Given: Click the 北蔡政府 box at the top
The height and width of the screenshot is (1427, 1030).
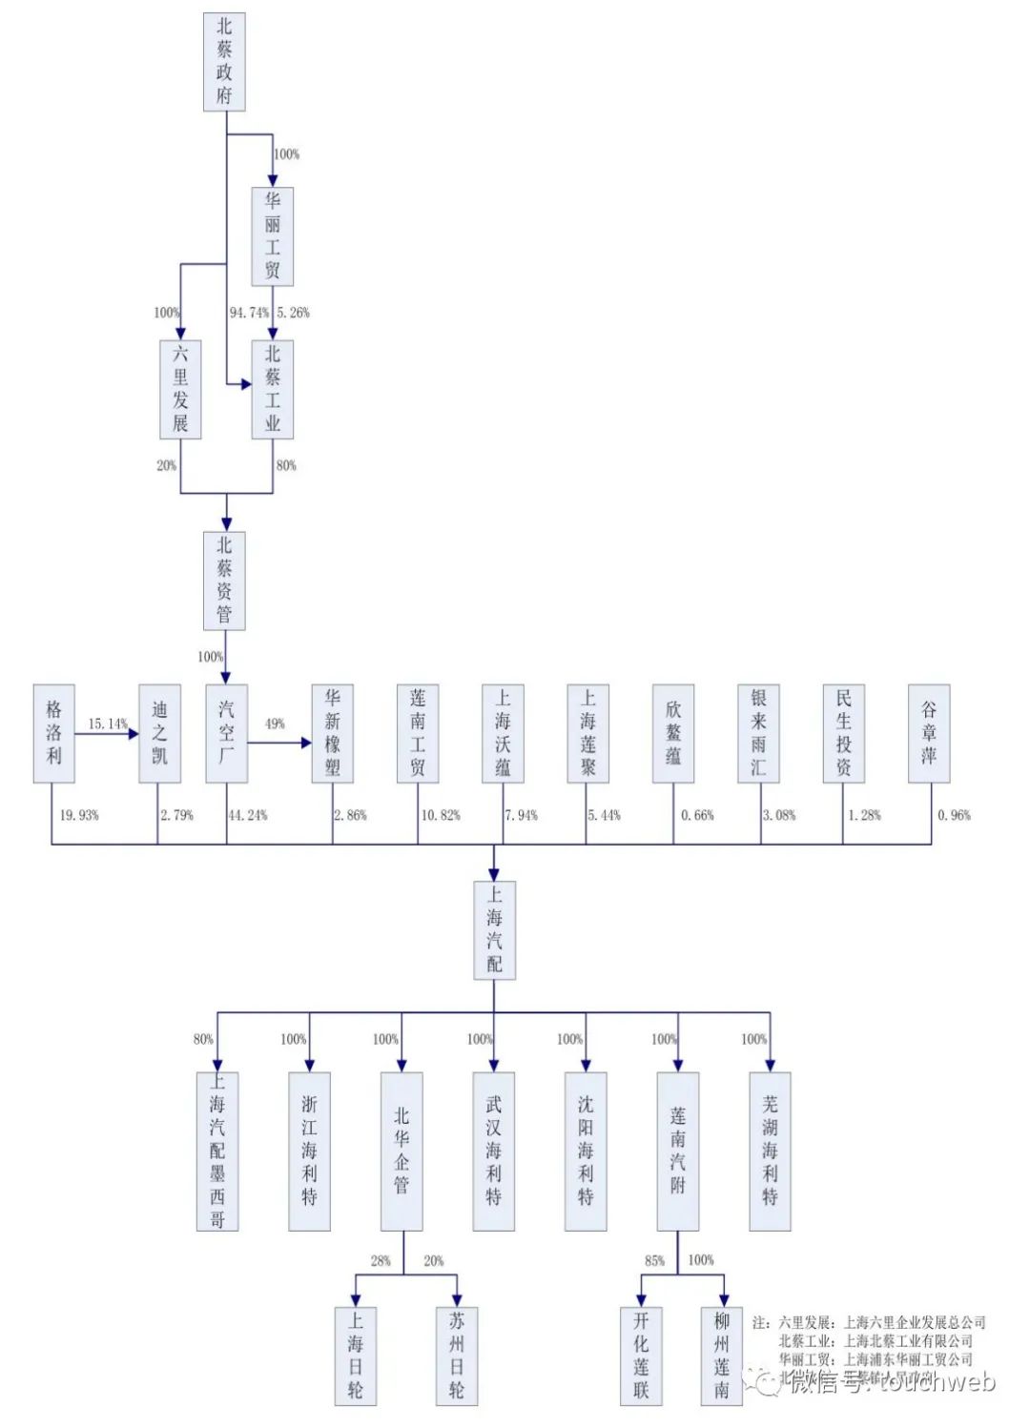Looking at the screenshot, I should [x=224, y=62].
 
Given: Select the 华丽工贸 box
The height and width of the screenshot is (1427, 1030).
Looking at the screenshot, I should [x=273, y=236].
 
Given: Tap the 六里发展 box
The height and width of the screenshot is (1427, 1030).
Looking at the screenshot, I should [x=180, y=389].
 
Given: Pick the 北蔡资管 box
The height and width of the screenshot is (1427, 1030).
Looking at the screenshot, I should [x=224, y=581].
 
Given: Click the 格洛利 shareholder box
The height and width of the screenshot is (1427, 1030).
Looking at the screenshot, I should [x=53, y=733].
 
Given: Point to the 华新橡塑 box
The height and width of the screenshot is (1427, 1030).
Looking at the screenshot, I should [x=332, y=733].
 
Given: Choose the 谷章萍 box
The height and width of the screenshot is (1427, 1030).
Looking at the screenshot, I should [x=929, y=733].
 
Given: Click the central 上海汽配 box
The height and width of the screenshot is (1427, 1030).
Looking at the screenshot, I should [x=494, y=930].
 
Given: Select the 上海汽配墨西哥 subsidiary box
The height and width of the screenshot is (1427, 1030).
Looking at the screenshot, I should [x=217, y=1151].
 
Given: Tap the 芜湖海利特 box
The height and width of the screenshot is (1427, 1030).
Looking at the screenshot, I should [x=770, y=1151].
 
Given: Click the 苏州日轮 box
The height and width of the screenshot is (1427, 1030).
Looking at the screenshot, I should [x=457, y=1356].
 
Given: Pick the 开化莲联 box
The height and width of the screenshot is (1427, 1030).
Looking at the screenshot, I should [x=641, y=1356].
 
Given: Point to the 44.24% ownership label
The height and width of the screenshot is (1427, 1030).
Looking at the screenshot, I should [x=248, y=815].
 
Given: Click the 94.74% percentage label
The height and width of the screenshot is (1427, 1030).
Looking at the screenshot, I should [x=249, y=313].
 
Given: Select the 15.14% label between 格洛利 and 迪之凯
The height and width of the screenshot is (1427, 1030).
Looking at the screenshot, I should [x=108, y=724].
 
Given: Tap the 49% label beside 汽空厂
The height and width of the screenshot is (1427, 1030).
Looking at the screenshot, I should [x=275, y=724].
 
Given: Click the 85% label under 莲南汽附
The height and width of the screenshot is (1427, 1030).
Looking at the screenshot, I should [x=654, y=1260].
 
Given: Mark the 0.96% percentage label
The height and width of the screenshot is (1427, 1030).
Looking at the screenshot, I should [x=954, y=815].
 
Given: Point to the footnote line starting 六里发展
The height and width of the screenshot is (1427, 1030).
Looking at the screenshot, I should [x=869, y=1322].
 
